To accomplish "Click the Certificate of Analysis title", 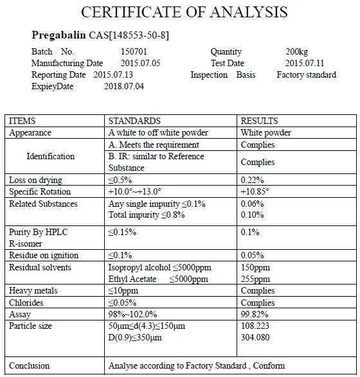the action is click(x=184, y=12).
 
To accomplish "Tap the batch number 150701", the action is click(x=134, y=52).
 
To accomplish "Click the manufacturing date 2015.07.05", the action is click(x=140, y=64).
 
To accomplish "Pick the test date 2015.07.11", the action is click(x=305, y=64).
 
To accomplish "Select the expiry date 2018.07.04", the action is click(x=124, y=87).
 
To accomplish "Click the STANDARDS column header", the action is click(x=134, y=121).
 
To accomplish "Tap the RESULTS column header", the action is click(x=259, y=121).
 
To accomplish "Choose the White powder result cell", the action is click(x=265, y=133).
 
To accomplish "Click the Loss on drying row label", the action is click(x=35, y=180).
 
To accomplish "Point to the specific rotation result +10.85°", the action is click(x=255, y=192).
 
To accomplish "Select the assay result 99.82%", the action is click(x=255, y=315).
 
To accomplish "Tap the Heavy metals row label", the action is click(x=33, y=291).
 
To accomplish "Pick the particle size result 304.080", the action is click(x=255, y=338).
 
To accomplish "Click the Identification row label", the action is click(x=50, y=157).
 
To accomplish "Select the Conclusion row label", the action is click(x=30, y=366).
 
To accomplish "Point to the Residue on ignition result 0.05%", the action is click(x=253, y=256).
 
